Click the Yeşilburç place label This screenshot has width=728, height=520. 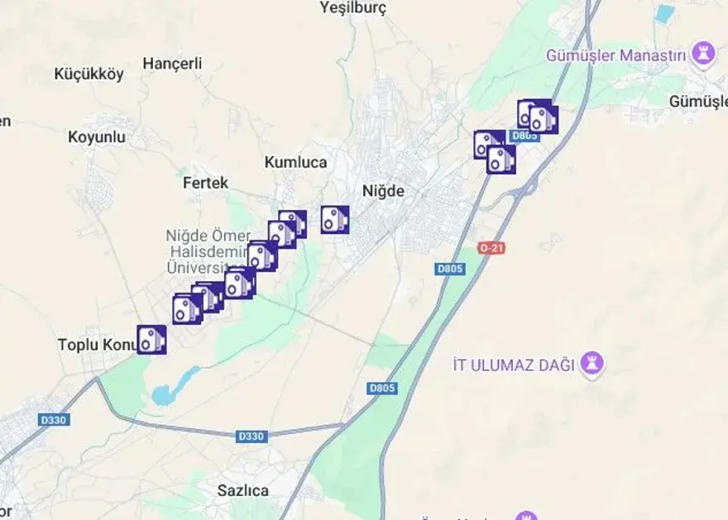[x=352, y=8]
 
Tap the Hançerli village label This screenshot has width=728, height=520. [x=172, y=64]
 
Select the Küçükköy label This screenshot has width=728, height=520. [x=89, y=74]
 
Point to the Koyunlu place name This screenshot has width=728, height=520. [x=97, y=137]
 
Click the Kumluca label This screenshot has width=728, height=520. [x=296, y=162]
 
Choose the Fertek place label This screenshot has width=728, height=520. [x=205, y=183]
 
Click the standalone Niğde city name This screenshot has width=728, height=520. [x=384, y=191]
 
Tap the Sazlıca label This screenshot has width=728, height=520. [x=243, y=490]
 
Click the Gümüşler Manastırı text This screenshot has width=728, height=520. [x=617, y=55]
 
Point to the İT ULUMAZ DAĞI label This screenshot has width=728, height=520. [x=514, y=365]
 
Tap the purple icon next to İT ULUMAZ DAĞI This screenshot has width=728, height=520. [x=592, y=363]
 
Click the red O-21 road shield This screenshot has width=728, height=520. [x=491, y=248]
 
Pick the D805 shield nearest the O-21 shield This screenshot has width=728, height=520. [x=450, y=269]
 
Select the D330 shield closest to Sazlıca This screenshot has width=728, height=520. [x=251, y=436]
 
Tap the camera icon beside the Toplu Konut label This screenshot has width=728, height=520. [x=151, y=339]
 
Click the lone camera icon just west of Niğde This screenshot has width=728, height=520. [x=334, y=219]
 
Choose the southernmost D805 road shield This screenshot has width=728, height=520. [x=382, y=388]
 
